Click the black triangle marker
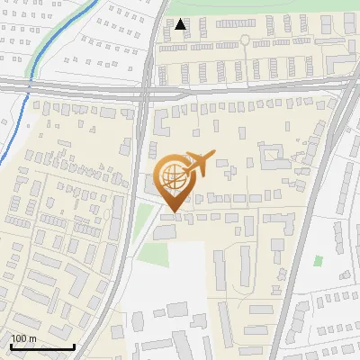(181, 24)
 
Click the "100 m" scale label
(24, 338)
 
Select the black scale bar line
(42, 346)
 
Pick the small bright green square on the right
(319, 260)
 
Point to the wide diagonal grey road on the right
(306, 225)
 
